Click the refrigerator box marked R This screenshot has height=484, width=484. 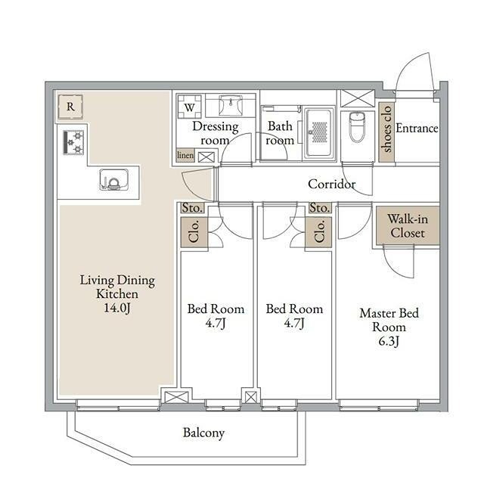point(70,107)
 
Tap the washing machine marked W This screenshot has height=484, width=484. point(189,107)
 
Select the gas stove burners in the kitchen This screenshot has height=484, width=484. point(73,142)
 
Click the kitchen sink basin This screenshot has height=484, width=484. point(113,179)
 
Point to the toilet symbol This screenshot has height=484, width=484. point(357,127)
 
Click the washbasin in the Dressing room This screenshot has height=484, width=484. point(230,105)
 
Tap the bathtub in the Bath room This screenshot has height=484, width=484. point(319,133)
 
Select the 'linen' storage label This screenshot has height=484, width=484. point(185,155)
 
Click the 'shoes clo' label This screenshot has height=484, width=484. point(386,129)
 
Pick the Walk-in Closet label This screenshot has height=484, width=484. point(408,226)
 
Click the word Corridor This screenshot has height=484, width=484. point(331,184)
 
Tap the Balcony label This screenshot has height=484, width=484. point(203,433)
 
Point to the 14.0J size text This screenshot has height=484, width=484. point(117,308)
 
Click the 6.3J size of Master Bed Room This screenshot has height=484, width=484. point(389,341)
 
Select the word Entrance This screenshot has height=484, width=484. point(417,128)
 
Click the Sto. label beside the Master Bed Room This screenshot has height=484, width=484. point(320,208)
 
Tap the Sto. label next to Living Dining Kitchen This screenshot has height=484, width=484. point(192,208)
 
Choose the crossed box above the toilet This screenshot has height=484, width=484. point(358,98)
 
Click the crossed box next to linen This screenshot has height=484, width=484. point(206,157)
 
